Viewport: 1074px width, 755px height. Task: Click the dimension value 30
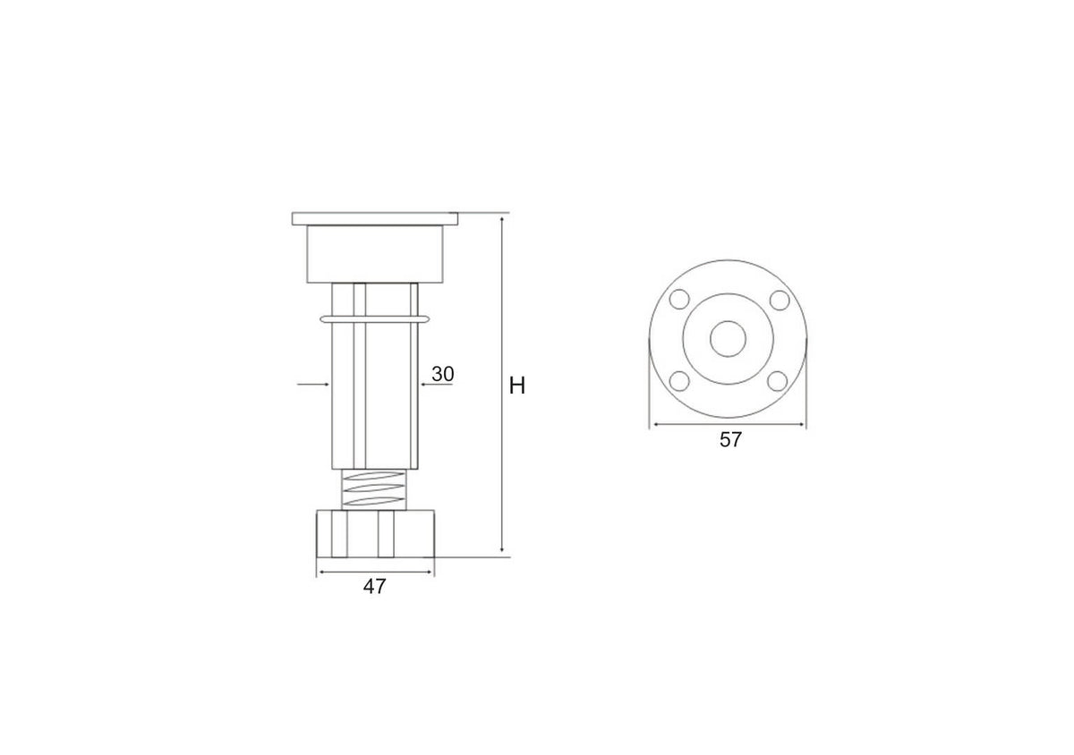(442, 374)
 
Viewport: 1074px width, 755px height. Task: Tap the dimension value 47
(374, 586)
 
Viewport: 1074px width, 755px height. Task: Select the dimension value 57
(730, 439)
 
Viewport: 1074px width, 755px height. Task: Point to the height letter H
(517, 386)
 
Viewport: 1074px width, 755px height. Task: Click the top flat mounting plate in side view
(375, 218)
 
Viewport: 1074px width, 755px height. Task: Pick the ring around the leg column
(374, 318)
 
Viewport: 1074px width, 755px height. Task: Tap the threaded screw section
(374, 489)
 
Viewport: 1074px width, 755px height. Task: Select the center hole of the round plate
(728, 339)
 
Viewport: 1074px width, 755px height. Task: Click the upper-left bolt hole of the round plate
(679, 300)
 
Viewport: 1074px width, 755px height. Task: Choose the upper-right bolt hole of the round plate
(780, 301)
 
